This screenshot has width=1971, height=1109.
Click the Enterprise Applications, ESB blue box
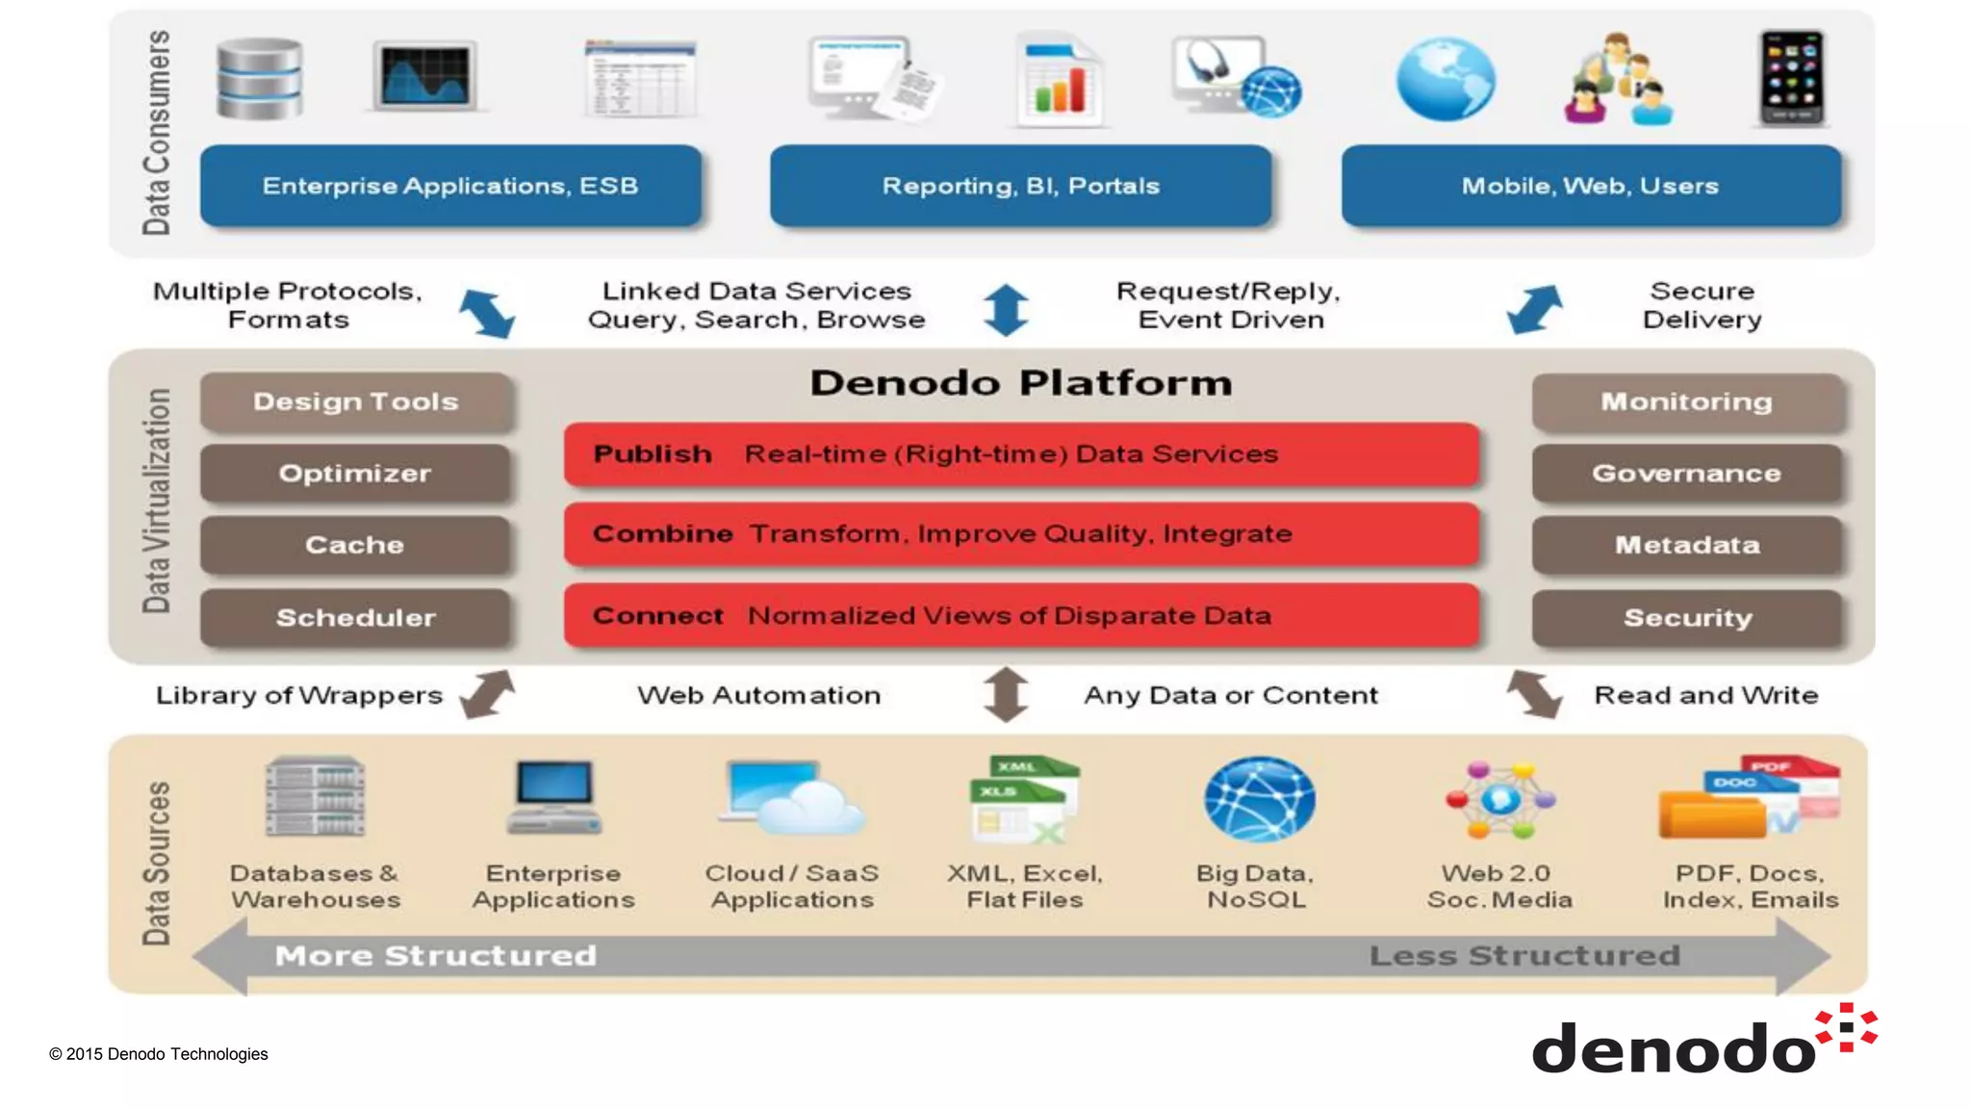pyautogui.click(x=450, y=186)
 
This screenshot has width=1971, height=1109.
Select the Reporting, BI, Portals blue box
pyautogui.click(x=1020, y=186)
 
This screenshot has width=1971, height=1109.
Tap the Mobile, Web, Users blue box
pyautogui.click(x=1590, y=186)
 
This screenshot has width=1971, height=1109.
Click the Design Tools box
pyautogui.click(x=355, y=401)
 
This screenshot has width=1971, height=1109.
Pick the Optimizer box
pyautogui.click(x=355, y=473)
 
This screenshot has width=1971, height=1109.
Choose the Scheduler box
pyautogui.click(x=355, y=617)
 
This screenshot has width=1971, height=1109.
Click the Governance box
pyautogui.click(x=1686, y=473)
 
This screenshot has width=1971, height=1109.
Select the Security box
pyautogui.click(x=1686, y=617)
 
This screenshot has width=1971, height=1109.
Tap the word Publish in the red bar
pyautogui.click(x=653, y=453)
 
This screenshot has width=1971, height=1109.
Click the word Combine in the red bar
pyautogui.click(x=662, y=533)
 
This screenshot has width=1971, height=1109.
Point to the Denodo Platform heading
pyautogui.click(x=1020, y=383)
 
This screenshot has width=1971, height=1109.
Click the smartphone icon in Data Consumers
pyautogui.click(x=1791, y=77)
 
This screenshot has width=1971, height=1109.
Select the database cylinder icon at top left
pyautogui.click(x=259, y=79)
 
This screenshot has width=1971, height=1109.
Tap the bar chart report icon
pyautogui.click(x=1059, y=83)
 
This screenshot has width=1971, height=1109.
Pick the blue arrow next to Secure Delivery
pyautogui.click(x=1534, y=309)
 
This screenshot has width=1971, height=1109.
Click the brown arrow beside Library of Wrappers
pyautogui.click(x=487, y=694)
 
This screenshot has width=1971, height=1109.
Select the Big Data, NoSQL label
pyautogui.click(x=1255, y=886)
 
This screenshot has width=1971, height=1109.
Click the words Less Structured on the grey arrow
pyautogui.click(x=1524, y=955)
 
